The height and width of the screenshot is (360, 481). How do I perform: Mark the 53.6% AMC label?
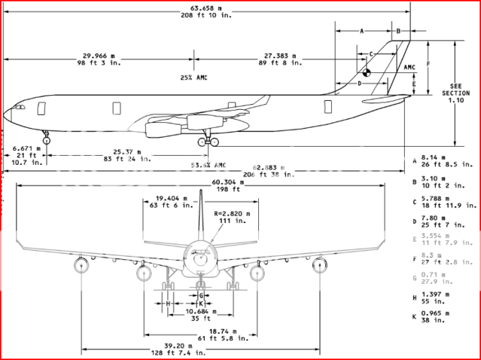[209, 164]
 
